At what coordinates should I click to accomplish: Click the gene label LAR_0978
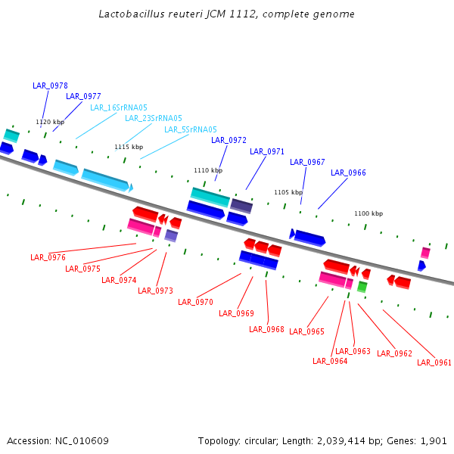[50, 86]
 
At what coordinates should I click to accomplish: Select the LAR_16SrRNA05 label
[119, 107]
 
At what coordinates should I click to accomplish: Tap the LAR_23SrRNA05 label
[154, 118]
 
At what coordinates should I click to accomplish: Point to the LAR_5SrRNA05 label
[191, 129]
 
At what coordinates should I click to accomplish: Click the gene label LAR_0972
[229, 140]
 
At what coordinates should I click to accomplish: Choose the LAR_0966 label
[348, 173]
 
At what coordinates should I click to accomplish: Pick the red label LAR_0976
[48, 257]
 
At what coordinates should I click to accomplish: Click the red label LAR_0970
[195, 302]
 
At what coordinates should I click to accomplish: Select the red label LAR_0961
[434, 362]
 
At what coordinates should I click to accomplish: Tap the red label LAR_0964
[330, 361]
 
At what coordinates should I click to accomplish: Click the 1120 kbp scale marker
[50, 122]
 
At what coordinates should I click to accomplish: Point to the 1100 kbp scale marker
[368, 213]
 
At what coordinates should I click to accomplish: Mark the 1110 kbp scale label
[208, 170]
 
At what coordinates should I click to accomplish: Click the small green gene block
[362, 287]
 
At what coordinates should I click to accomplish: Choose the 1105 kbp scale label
[288, 192]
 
